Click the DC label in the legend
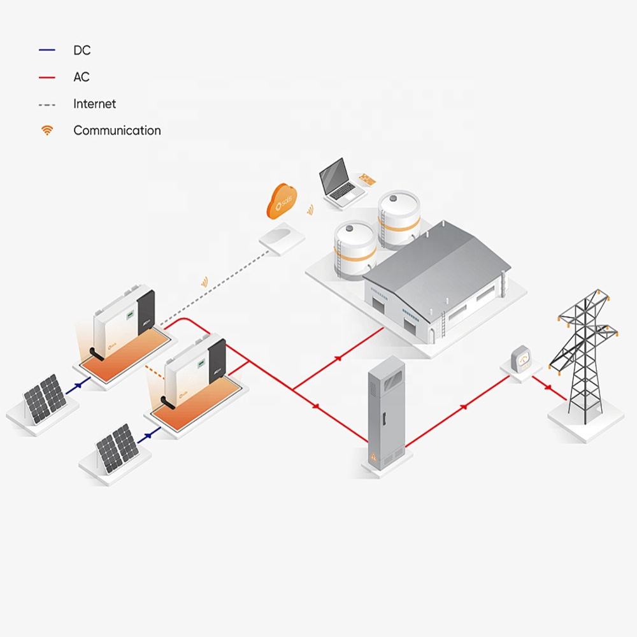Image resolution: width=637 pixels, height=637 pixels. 82,50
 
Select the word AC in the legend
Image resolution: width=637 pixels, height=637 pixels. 82,77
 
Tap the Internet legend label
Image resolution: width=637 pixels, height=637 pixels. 95,104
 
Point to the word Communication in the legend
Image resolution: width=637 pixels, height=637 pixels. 117,131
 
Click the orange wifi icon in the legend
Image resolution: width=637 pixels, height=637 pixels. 47,131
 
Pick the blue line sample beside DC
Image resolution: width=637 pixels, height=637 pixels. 47,50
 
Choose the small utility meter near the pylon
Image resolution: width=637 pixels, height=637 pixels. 522,360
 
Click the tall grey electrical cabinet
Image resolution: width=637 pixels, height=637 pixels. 386,414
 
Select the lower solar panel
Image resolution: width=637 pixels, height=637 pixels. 116,450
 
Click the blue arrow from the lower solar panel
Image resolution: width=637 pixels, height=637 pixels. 150,434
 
